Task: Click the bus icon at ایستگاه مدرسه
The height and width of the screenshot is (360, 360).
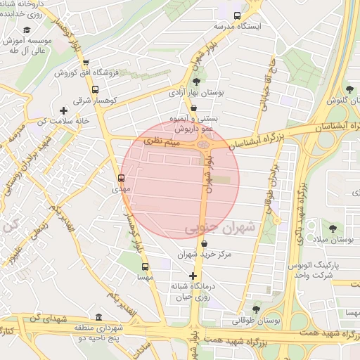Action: coord(237,15)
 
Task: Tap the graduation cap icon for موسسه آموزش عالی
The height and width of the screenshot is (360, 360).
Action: coord(27,30)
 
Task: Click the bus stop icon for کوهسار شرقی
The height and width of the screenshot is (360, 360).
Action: coord(96,89)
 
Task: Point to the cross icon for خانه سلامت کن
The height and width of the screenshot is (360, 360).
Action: coord(64,110)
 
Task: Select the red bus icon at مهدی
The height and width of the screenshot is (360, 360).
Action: coord(121,178)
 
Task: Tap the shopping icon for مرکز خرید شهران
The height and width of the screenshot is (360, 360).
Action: coord(204,243)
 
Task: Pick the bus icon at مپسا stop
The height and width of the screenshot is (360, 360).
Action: coord(146,266)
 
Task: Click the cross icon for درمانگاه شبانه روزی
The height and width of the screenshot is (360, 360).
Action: coord(193,276)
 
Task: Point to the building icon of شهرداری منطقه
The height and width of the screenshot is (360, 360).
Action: coord(98,316)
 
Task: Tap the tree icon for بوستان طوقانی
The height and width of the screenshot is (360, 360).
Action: coord(255,309)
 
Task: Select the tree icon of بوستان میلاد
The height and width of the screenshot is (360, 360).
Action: coord(332,228)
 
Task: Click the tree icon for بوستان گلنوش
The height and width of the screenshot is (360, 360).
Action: coord(349,89)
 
